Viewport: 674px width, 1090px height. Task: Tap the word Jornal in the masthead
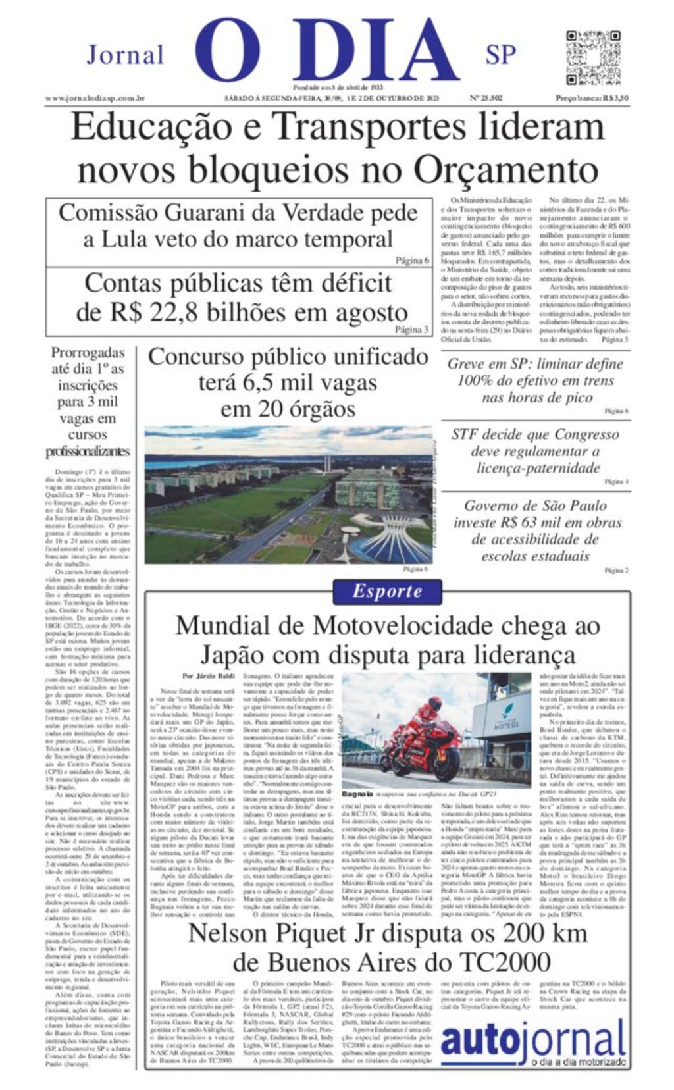click(125, 55)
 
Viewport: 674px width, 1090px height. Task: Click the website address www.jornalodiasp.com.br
click(95, 99)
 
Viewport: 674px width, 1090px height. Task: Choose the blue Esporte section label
click(386, 590)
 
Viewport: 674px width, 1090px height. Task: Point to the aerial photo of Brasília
click(288, 494)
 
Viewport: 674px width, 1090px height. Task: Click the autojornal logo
click(532, 1042)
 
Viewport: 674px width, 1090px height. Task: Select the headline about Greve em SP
click(534, 380)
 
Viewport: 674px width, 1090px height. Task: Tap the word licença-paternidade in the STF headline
click(538, 468)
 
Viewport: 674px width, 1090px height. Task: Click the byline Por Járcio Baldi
click(208, 676)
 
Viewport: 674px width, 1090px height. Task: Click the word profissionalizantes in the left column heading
click(88, 452)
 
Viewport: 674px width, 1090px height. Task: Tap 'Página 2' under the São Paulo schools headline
click(616, 570)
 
